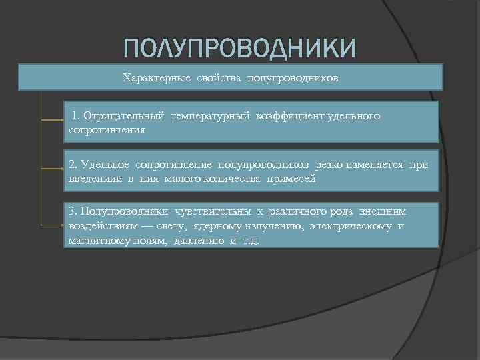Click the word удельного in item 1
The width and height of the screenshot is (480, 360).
coord(353,116)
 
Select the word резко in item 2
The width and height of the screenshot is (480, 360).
coord(331,165)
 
